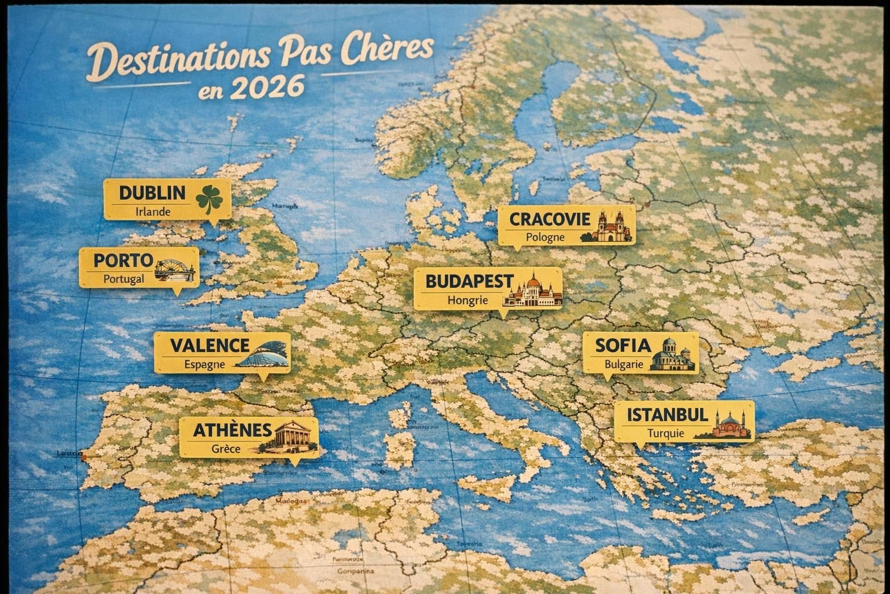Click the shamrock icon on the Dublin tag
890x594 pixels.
click(209, 199)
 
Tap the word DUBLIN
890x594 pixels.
click(152, 193)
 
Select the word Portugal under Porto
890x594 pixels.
click(124, 279)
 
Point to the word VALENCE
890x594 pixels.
click(210, 346)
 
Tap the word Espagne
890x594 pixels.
click(205, 365)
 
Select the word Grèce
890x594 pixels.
click(226, 448)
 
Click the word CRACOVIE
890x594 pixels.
click(550, 219)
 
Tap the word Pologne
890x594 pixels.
click(545, 237)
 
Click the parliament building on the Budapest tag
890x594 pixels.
click(532, 291)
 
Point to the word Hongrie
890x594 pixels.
click(468, 300)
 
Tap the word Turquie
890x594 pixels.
click(666, 433)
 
